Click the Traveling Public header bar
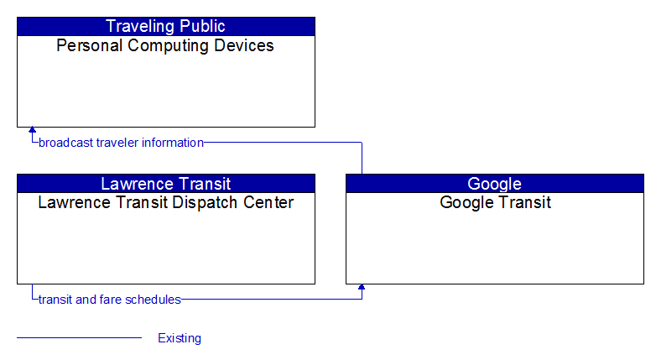tap(166, 26)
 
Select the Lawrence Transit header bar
tap(166, 183)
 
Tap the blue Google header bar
tap(495, 183)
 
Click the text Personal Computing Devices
tap(165, 45)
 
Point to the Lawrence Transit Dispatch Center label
tap(165, 202)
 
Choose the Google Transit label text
tap(495, 202)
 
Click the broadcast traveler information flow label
tap(122, 143)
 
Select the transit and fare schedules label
tap(110, 300)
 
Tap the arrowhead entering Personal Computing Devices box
tap(32, 130)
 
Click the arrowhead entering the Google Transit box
tap(362, 287)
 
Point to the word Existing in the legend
tap(180, 338)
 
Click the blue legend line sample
tap(80, 337)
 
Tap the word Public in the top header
tap(203, 26)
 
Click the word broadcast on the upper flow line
tap(65, 143)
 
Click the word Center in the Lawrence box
tap(268, 202)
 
